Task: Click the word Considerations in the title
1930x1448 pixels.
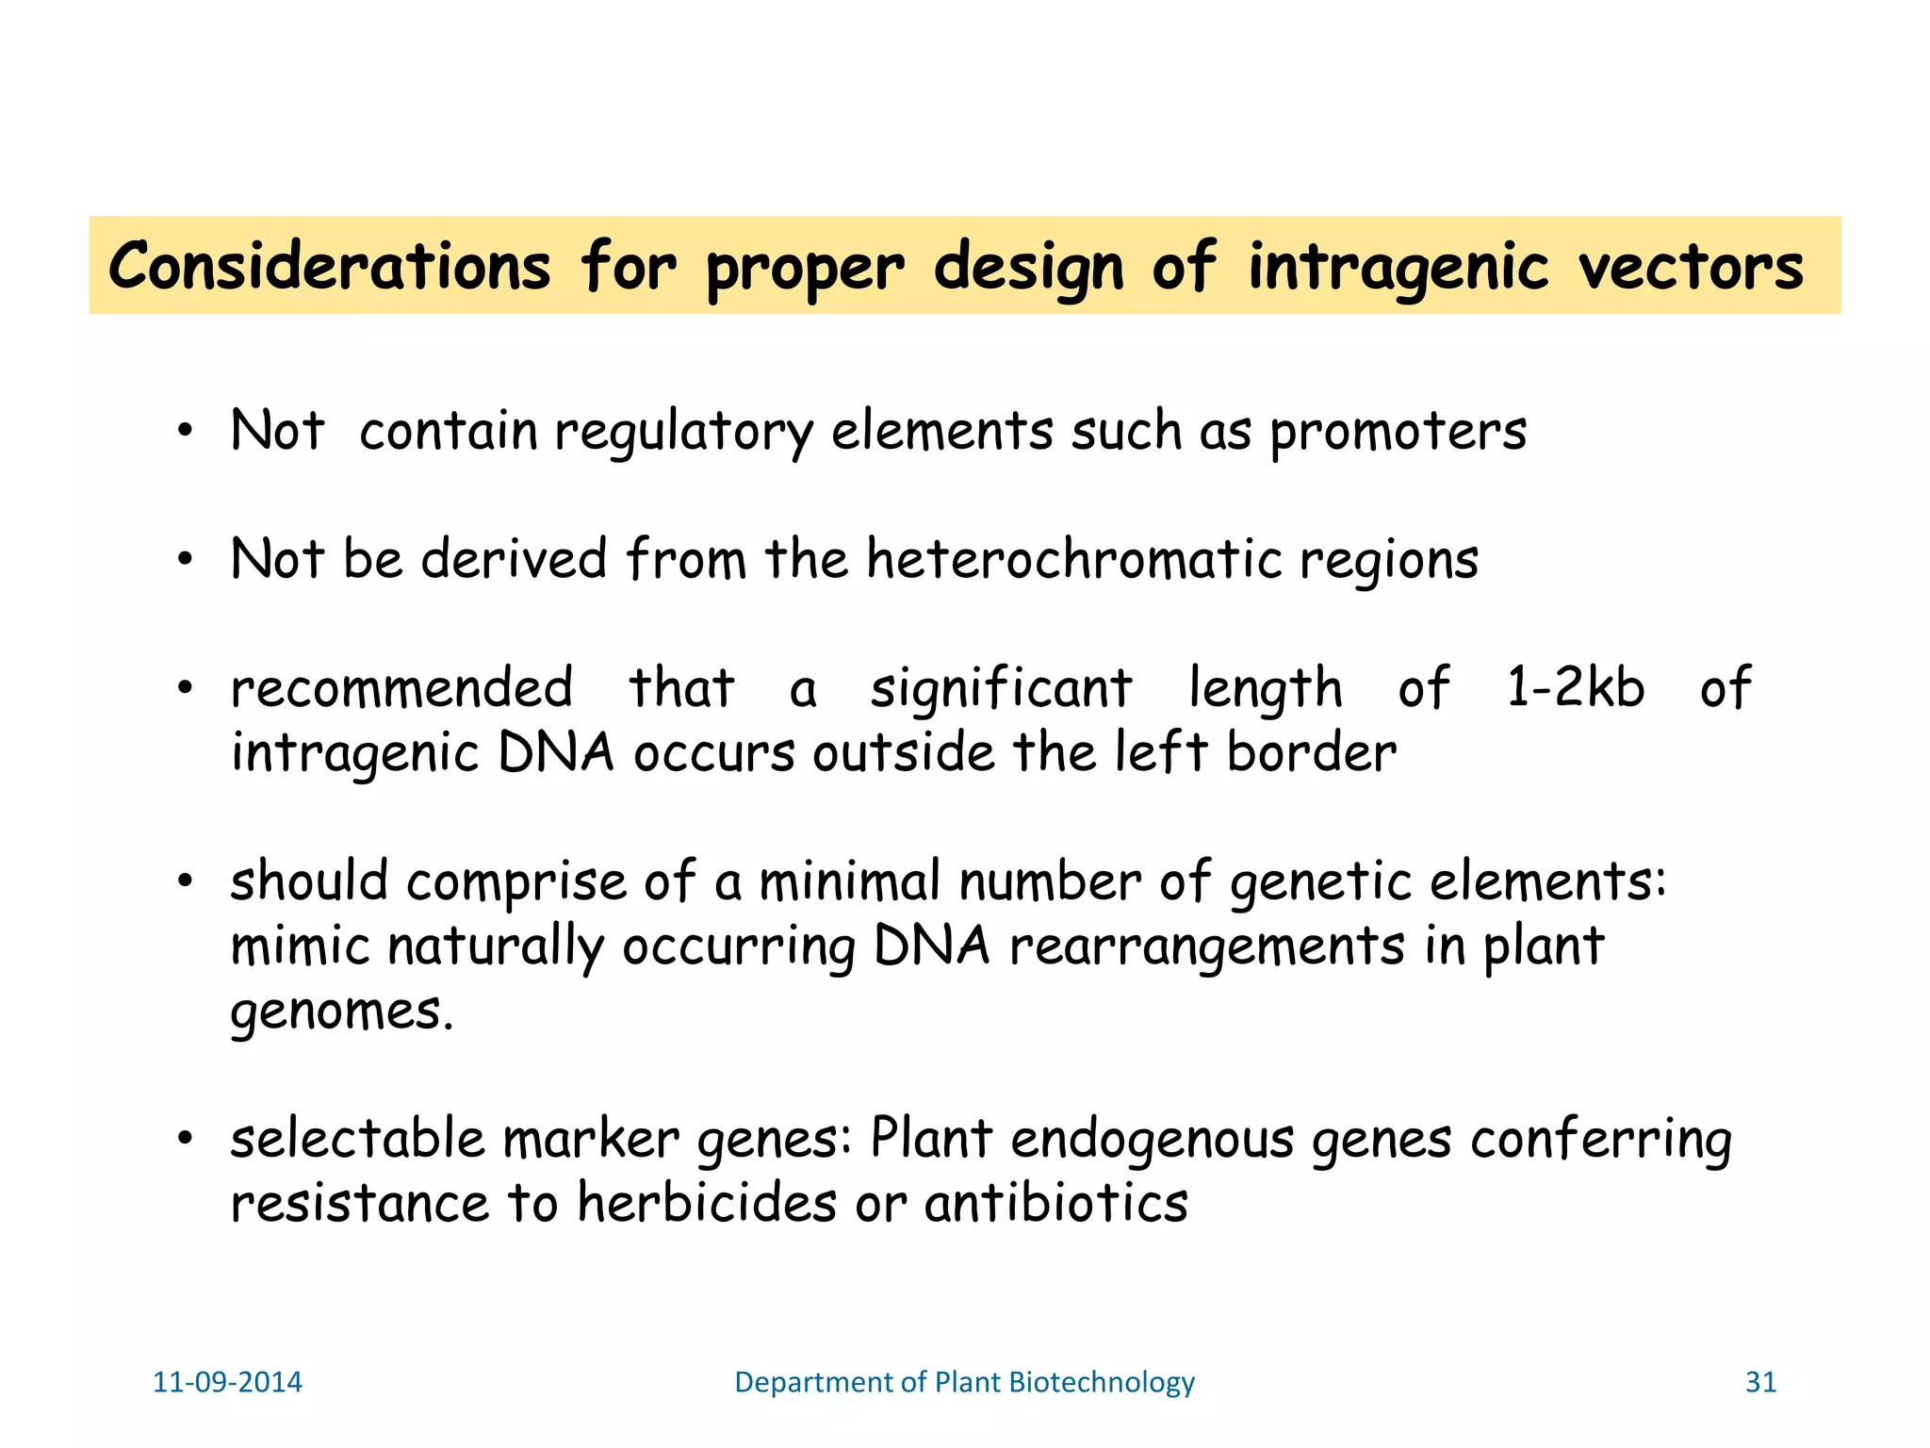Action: pos(329,267)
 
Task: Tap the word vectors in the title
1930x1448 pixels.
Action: pos(1691,267)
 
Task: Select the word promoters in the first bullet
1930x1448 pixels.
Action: pos(1398,433)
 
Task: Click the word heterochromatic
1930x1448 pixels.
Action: pos(1074,559)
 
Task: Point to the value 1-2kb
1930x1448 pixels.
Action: pos(1576,687)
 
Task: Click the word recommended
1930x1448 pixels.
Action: pos(402,687)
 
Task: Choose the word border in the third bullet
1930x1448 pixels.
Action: pos(1312,753)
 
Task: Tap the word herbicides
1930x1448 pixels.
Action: pos(707,1204)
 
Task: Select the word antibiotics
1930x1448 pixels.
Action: pos(1056,1204)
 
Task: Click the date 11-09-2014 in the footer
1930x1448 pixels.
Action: pos(227,1382)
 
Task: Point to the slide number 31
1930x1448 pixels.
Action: pos(1760,1382)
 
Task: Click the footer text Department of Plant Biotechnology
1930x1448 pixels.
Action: pos(964,1382)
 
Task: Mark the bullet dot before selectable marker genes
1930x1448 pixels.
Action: pos(185,1140)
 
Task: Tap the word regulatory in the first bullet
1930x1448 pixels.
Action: pos(683,433)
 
